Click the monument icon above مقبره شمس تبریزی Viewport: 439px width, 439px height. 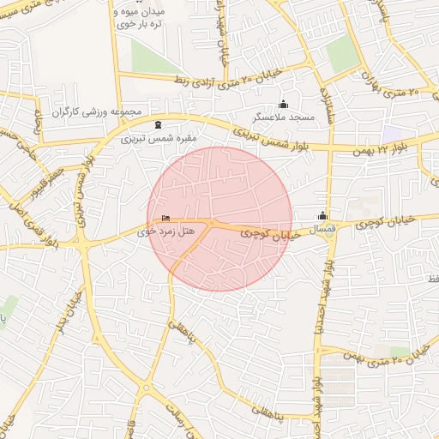click(157, 124)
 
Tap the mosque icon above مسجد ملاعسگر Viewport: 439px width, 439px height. click(285, 104)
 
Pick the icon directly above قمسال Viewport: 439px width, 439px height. click(322, 216)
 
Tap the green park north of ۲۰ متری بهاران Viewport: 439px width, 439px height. click(342, 54)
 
